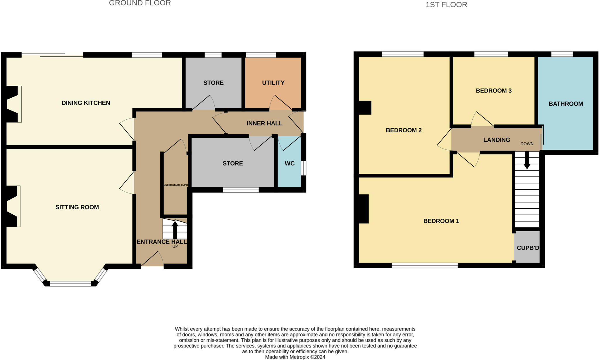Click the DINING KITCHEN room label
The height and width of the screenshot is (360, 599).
point(86,103)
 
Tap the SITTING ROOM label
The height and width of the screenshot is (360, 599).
point(77,207)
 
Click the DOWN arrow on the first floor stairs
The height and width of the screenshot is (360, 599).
point(527,161)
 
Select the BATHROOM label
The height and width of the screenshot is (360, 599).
point(566,104)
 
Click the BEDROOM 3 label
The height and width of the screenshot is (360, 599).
point(493,91)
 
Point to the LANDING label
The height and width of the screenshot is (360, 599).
point(496,140)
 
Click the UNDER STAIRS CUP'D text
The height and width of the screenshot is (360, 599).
point(175,185)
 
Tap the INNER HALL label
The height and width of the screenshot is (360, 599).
point(264,123)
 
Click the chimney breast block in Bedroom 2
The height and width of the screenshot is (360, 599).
point(365,108)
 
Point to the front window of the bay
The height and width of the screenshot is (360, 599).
point(70,283)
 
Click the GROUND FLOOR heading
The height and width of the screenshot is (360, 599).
point(140,3)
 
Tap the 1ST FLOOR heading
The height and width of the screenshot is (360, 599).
point(446,5)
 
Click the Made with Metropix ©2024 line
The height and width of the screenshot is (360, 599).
point(295,357)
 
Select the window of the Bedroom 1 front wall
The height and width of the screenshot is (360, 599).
point(424,265)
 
